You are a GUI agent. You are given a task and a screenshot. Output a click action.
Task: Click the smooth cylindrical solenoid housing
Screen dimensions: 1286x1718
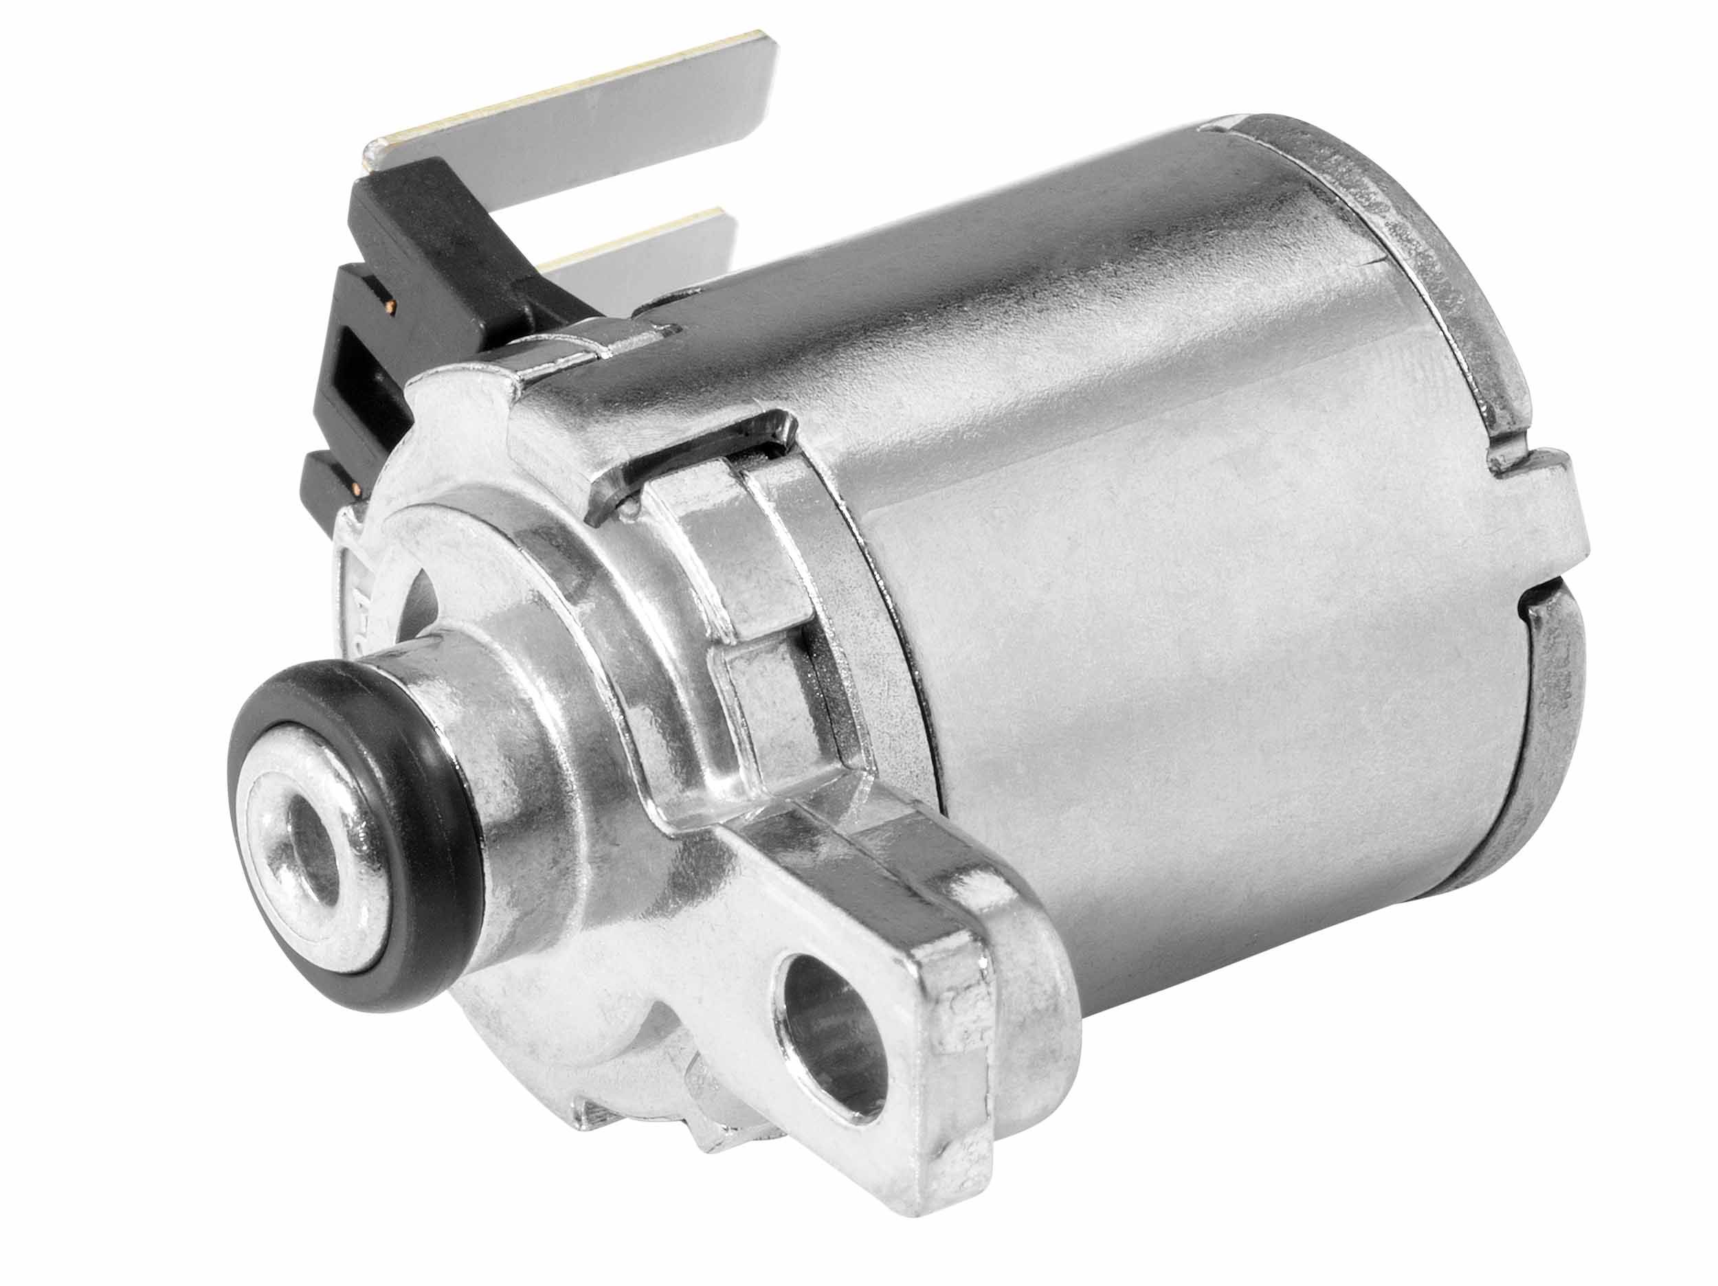1165,505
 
